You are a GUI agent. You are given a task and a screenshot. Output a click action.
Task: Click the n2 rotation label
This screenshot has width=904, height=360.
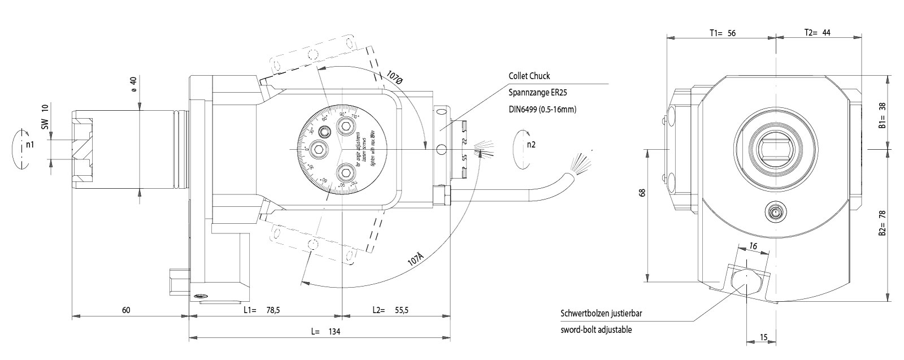click(531, 144)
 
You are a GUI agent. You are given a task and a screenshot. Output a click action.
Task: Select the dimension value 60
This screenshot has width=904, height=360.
click(126, 310)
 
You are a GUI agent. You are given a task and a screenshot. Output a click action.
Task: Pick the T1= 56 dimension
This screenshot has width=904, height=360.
click(723, 33)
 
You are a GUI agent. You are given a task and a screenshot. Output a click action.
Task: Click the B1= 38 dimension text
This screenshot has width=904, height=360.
click(882, 116)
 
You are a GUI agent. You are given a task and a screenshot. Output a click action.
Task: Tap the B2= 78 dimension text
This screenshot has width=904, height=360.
click(882, 223)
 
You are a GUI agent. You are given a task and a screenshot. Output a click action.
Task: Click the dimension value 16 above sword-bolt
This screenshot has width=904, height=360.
click(753, 246)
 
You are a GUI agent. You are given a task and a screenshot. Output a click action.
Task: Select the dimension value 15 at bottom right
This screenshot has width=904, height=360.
click(763, 337)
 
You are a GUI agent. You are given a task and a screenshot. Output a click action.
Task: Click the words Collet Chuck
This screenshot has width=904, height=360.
click(529, 76)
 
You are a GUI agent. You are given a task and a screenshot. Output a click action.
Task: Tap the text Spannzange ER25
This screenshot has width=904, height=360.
click(536, 93)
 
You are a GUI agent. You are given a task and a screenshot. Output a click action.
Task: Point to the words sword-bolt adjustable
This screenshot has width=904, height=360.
click(596, 330)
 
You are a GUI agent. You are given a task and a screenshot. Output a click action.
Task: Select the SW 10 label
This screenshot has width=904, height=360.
click(45, 115)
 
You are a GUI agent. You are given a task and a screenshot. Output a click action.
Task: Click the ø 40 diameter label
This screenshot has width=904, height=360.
click(133, 84)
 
